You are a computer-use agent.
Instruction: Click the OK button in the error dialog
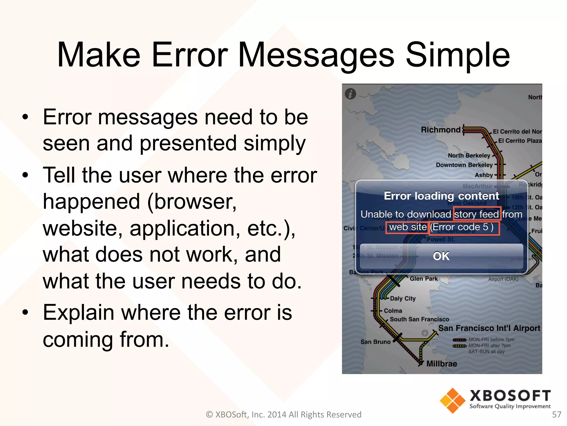(x=441, y=256)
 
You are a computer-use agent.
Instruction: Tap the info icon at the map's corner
(x=350, y=94)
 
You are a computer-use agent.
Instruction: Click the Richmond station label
(x=441, y=130)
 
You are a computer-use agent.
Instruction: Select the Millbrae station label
(x=442, y=364)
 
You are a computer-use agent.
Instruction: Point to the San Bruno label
(x=375, y=342)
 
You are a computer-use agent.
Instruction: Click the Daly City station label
(x=403, y=298)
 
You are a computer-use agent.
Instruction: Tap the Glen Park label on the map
(x=424, y=278)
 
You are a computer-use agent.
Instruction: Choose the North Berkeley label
(x=469, y=155)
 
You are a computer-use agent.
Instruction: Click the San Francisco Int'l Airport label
(x=489, y=328)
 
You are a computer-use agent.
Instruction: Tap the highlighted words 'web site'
(x=408, y=227)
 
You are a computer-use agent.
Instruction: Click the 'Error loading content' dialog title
(x=441, y=196)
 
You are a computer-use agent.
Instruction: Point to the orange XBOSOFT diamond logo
(x=452, y=400)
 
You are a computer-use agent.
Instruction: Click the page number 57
(x=556, y=414)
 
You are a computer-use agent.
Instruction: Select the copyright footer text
(x=283, y=414)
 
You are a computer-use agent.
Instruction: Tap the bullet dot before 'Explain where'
(x=25, y=313)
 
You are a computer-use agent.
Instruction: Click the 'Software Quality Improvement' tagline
(x=510, y=406)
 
